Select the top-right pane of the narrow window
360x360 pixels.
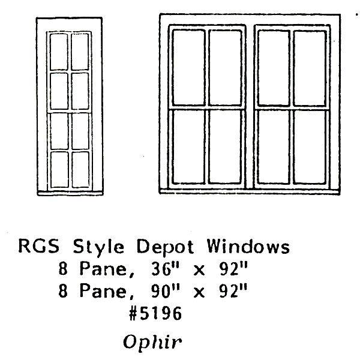coord(79,51)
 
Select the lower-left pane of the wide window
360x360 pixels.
coord(188,145)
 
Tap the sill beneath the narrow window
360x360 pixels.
coord(70,193)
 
